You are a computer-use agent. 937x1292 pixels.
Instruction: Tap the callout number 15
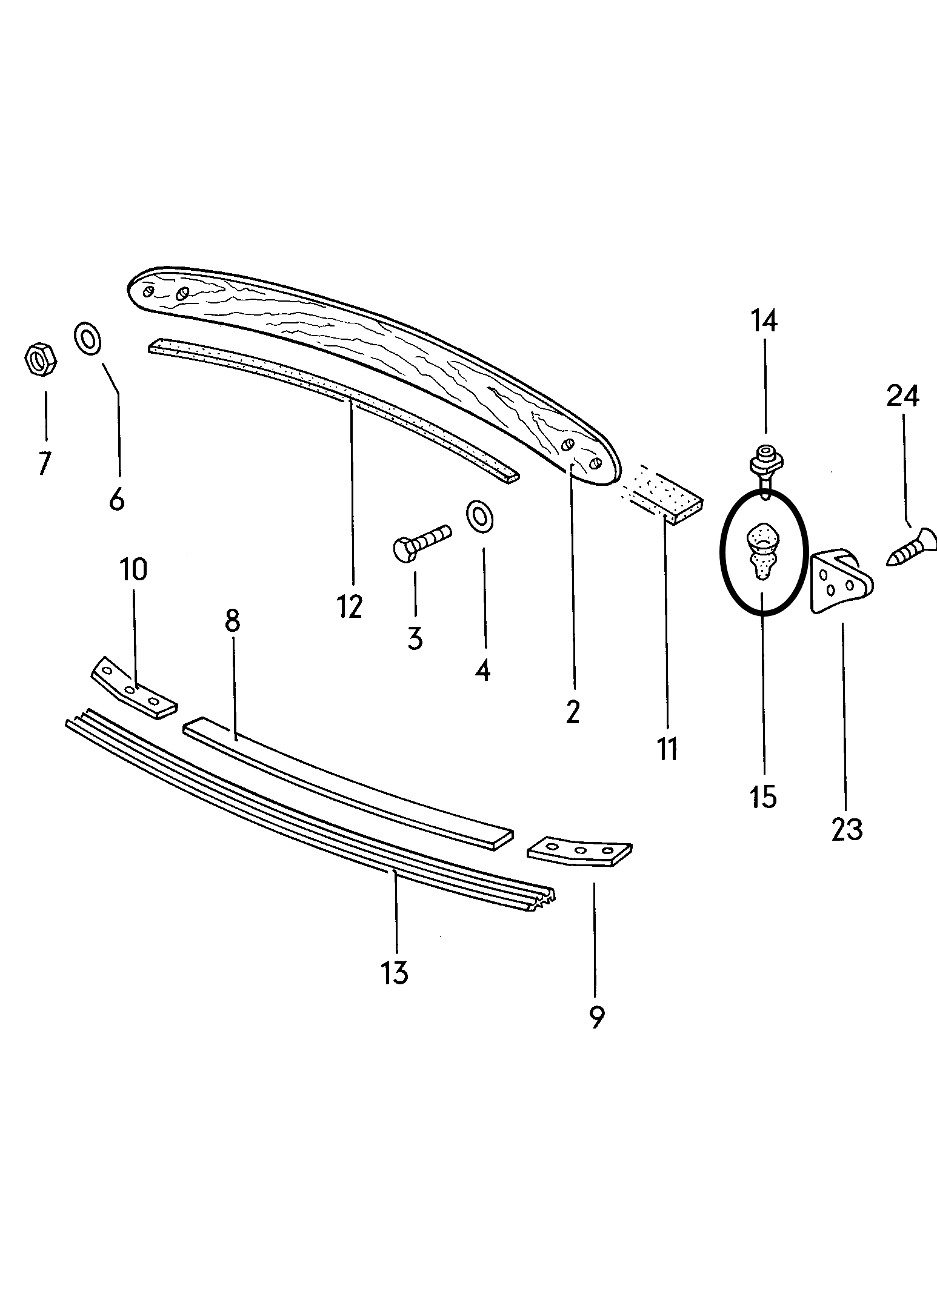coord(764,797)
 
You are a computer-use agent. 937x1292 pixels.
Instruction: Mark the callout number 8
coord(233,621)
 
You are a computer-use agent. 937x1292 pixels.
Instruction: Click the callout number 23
coord(847,829)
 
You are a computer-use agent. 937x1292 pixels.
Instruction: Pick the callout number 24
coord(903,397)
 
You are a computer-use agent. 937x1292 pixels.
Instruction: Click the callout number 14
coord(764,322)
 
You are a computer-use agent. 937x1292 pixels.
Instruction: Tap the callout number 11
coord(667,749)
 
